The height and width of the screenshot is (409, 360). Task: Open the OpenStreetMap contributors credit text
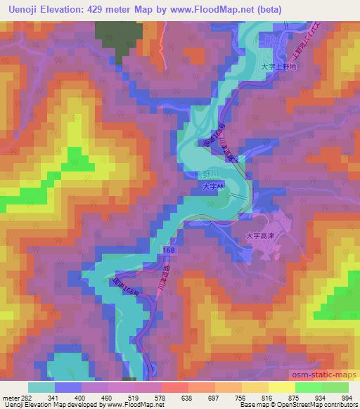[x=314, y=405]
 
